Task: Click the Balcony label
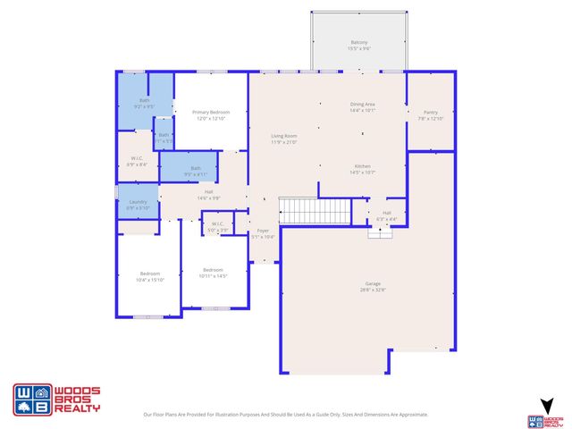(x=358, y=46)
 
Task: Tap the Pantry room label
(x=430, y=115)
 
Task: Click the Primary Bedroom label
(x=210, y=115)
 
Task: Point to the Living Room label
(x=283, y=139)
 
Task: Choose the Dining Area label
(x=363, y=107)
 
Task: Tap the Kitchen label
(x=363, y=169)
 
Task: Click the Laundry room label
(x=138, y=205)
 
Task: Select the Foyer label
(x=263, y=233)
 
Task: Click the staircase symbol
(x=315, y=212)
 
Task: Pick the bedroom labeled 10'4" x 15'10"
(x=149, y=276)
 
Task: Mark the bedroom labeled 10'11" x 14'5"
(x=213, y=273)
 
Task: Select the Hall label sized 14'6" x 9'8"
(x=208, y=194)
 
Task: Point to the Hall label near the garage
(x=387, y=214)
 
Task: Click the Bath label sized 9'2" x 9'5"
(x=145, y=104)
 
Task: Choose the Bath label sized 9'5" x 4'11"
(x=195, y=171)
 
